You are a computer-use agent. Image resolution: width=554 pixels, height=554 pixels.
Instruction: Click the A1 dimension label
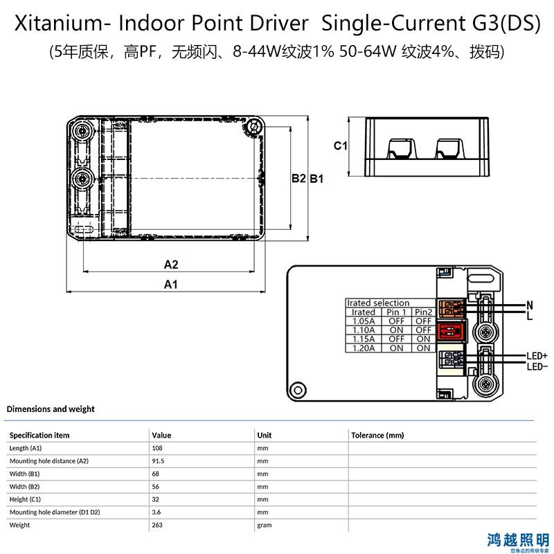tap(170, 284)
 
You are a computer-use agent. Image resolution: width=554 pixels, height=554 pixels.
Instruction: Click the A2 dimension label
tap(171, 265)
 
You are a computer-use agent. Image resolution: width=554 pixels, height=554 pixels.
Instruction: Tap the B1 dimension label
tap(316, 179)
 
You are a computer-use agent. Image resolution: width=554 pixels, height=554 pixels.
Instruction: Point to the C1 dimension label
tap(341, 145)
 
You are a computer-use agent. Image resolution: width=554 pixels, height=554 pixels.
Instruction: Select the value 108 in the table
tap(157, 448)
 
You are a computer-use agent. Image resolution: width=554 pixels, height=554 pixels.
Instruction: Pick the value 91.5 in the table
tap(159, 461)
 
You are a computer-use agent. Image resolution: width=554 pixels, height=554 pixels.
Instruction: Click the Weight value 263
tap(157, 525)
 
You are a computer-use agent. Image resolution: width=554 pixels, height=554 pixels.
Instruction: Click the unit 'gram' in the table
tap(265, 526)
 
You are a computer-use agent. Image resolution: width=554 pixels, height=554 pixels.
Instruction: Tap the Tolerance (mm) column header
tap(377, 435)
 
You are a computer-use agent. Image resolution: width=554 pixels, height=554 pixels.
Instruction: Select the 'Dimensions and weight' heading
tap(51, 409)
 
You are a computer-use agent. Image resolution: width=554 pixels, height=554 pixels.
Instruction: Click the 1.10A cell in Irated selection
tap(364, 330)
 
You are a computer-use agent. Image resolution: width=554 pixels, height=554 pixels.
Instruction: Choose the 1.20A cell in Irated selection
tap(364, 348)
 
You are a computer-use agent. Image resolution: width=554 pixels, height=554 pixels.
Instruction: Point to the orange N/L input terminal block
tap(452, 308)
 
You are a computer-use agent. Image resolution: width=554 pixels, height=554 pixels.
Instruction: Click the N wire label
tap(530, 305)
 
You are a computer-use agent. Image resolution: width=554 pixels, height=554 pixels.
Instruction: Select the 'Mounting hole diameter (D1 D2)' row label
tap(55, 512)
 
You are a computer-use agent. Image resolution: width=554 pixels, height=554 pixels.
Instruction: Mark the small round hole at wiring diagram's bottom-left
tap(298, 391)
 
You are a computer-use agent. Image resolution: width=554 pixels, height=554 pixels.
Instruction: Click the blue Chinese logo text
tap(517, 539)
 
